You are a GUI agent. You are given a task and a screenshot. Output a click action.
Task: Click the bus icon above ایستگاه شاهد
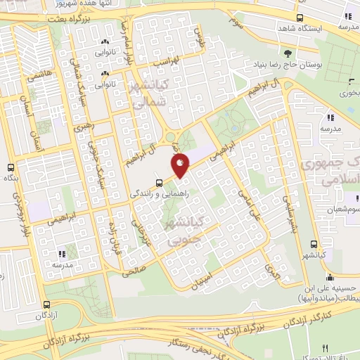click(x=300, y=18)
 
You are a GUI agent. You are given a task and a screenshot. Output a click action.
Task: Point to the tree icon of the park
click(x=287, y=53)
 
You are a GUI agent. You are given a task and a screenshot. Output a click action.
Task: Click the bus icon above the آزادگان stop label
click(x=46, y=305)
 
